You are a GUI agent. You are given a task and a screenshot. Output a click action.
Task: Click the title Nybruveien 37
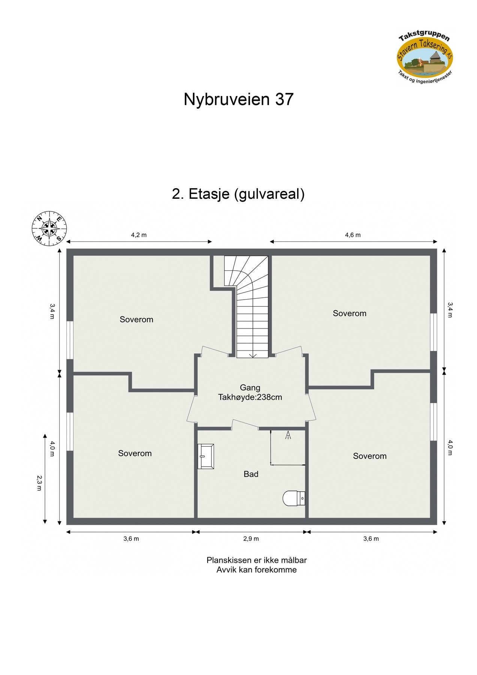tap(238, 100)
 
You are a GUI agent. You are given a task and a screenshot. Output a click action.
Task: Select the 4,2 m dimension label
tap(139, 235)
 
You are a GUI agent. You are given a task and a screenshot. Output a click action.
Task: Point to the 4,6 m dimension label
tap(353, 235)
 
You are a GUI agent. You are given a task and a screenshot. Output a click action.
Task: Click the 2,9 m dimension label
tap(251, 539)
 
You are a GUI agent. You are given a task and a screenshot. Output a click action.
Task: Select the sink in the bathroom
tap(206, 456)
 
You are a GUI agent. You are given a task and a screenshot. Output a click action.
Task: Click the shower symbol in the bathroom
tap(288, 435)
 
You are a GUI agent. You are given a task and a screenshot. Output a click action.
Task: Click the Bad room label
tap(251, 474)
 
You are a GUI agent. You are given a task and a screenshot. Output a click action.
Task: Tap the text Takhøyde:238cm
tap(250, 397)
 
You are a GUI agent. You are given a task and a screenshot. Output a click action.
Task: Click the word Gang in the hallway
tap(250, 388)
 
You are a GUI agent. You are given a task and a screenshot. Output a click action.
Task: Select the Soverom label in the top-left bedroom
tap(136, 319)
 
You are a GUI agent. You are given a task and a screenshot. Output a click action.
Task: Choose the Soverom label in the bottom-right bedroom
tap(369, 456)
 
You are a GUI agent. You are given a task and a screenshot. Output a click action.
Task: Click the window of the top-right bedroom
tap(434, 332)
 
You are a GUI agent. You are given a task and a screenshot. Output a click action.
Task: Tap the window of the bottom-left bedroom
tap(70, 431)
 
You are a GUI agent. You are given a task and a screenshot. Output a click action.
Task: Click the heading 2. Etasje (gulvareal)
tap(238, 194)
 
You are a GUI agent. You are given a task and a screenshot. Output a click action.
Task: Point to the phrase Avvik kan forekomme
tap(256, 570)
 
